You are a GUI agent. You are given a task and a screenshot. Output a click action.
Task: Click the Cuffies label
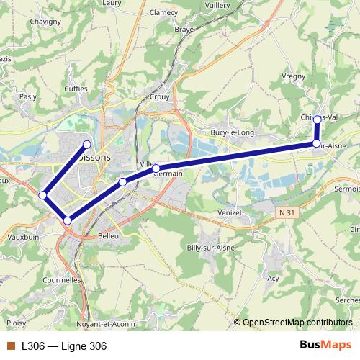click(x=76, y=89)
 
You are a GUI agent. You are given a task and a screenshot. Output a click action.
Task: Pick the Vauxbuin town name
click(x=21, y=236)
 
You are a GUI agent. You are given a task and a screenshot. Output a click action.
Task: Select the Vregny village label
click(x=294, y=76)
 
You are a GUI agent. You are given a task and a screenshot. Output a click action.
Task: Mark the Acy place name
click(x=273, y=277)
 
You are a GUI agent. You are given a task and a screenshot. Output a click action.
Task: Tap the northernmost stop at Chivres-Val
click(x=318, y=120)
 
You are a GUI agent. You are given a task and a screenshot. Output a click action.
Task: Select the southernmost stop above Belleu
click(x=68, y=220)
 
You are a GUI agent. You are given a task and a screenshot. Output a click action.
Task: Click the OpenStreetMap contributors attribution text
click(x=297, y=322)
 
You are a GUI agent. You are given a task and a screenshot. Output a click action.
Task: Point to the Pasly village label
click(x=28, y=96)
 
